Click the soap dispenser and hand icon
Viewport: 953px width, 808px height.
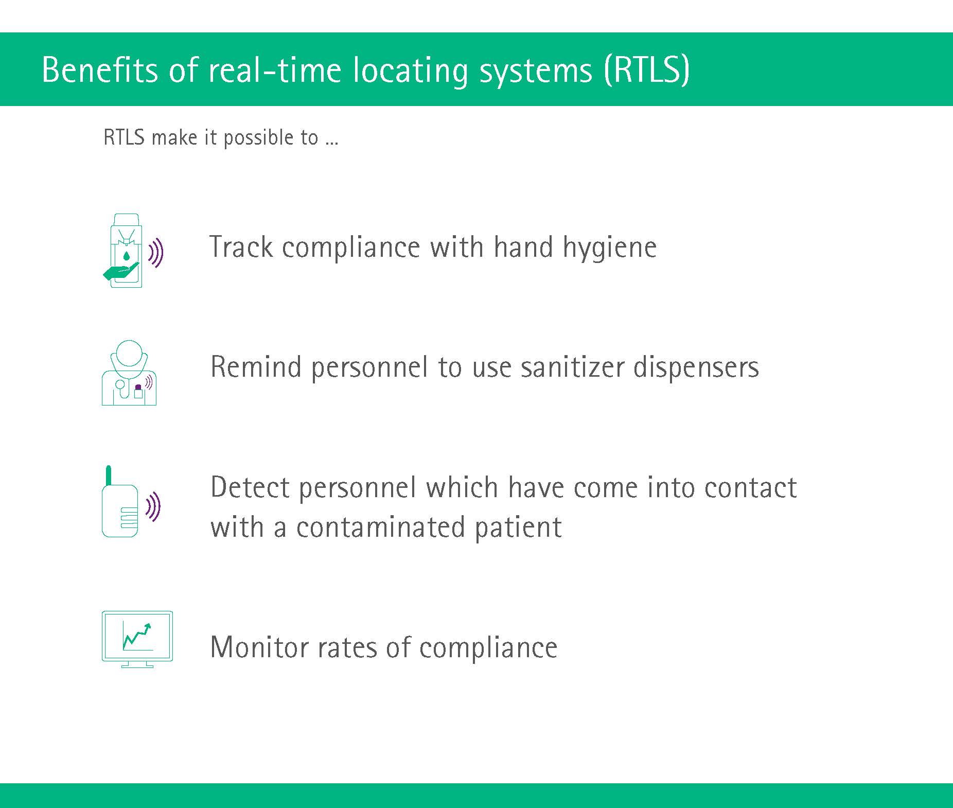point(133,251)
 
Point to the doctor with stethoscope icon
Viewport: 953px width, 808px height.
point(129,373)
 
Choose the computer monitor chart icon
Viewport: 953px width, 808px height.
point(137,639)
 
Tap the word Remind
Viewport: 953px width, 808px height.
point(256,367)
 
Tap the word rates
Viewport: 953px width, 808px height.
point(347,648)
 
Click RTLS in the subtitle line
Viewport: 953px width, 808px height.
point(124,137)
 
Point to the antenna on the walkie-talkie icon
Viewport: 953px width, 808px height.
point(108,476)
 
